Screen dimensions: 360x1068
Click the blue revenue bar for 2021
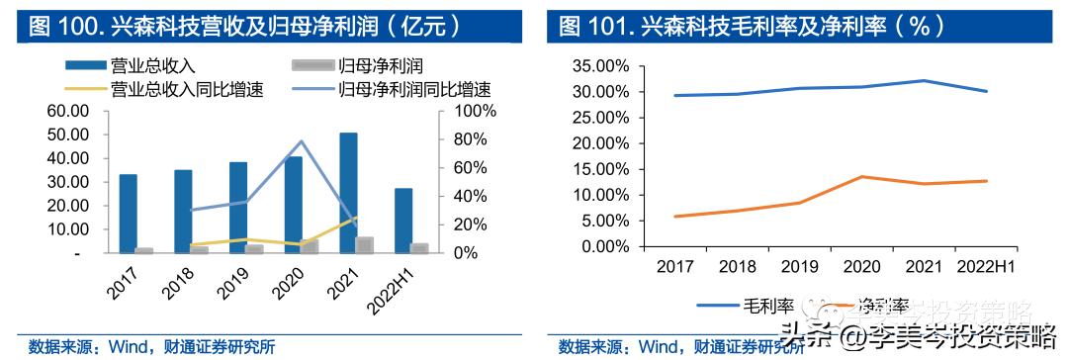point(348,193)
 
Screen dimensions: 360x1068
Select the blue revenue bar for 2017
point(129,214)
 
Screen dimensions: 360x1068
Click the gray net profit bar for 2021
point(365,245)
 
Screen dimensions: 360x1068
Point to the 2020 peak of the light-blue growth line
point(301,141)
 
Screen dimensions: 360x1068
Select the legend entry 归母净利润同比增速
point(414,89)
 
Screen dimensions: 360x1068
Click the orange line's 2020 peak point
point(861,177)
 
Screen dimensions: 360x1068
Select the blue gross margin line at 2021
point(924,81)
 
